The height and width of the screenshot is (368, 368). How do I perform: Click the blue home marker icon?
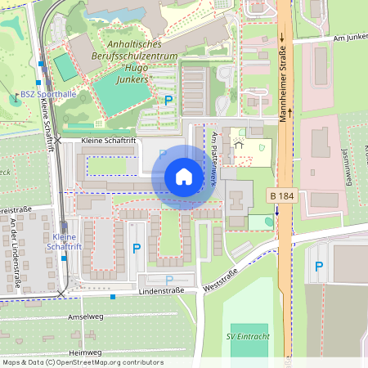(x=183, y=177)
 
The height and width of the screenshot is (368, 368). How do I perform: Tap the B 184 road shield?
(x=280, y=196)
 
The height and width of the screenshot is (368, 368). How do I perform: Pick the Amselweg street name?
(x=85, y=316)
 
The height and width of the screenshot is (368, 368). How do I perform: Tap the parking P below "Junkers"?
(x=168, y=101)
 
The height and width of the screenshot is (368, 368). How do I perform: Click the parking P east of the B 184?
(x=318, y=266)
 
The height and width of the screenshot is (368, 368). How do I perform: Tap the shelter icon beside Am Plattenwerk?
(x=239, y=144)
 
